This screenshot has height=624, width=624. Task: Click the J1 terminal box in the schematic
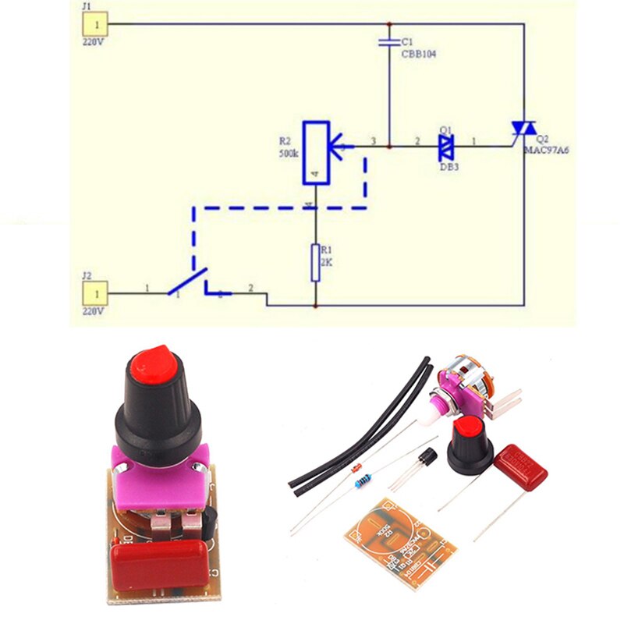(x=94, y=24)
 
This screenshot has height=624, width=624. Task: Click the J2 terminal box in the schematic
(x=94, y=294)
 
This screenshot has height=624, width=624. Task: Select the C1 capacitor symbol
(x=388, y=41)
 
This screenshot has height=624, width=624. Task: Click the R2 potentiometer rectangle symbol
(x=315, y=152)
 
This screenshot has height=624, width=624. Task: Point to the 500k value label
(x=288, y=154)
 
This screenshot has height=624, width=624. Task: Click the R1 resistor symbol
(x=315, y=262)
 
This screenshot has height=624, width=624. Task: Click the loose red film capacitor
(x=520, y=466)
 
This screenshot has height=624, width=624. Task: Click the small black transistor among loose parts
(x=426, y=459)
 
